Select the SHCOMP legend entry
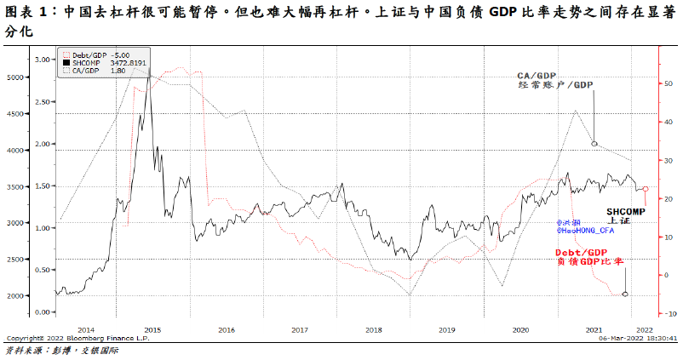(87, 64)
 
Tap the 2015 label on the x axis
(153, 329)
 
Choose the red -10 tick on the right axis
(670, 314)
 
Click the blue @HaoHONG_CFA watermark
(583, 230)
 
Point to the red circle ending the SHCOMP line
(645, 189)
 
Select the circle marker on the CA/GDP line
(594, 144)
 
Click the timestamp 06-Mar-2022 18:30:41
(638, 338)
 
